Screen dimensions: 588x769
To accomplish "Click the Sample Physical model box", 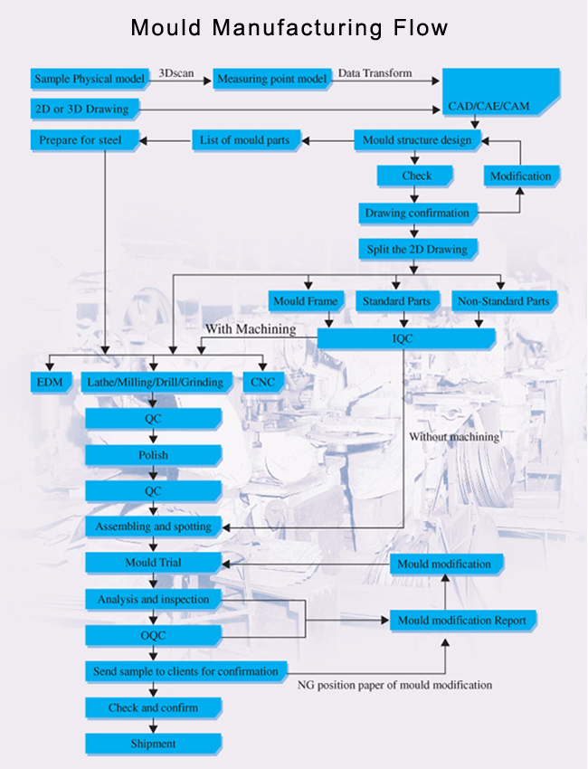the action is click(90, 79).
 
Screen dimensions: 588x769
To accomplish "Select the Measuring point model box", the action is click(272, 79).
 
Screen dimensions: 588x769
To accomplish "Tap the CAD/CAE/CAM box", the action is click(501, 91).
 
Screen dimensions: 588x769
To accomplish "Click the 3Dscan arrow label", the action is click(176, 73).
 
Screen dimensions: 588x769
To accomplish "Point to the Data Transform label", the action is click(375, 73).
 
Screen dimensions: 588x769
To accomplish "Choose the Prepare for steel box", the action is click(85, 140).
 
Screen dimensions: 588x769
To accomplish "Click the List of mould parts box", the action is click(246, 140).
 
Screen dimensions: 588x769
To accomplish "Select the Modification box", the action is click(522, 176).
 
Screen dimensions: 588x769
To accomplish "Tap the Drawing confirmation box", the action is click(418, 214).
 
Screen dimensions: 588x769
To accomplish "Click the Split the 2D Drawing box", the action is click(418, 249).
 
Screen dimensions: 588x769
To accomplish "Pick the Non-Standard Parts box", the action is click(504, 301).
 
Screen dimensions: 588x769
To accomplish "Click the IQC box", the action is click(406, 338).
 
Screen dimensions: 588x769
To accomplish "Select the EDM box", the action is click(52, 383).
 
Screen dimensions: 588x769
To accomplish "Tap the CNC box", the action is click(263, 383).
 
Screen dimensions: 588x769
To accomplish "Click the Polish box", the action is click(154, 455).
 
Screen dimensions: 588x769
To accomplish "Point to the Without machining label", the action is click(454, 436).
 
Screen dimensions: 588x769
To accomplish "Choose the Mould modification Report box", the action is click(463, 621).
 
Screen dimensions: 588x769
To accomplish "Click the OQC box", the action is click(154, 636).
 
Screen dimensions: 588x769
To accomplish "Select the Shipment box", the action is click(154, 744).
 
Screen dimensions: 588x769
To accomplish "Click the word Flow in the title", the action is click(421, 27).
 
